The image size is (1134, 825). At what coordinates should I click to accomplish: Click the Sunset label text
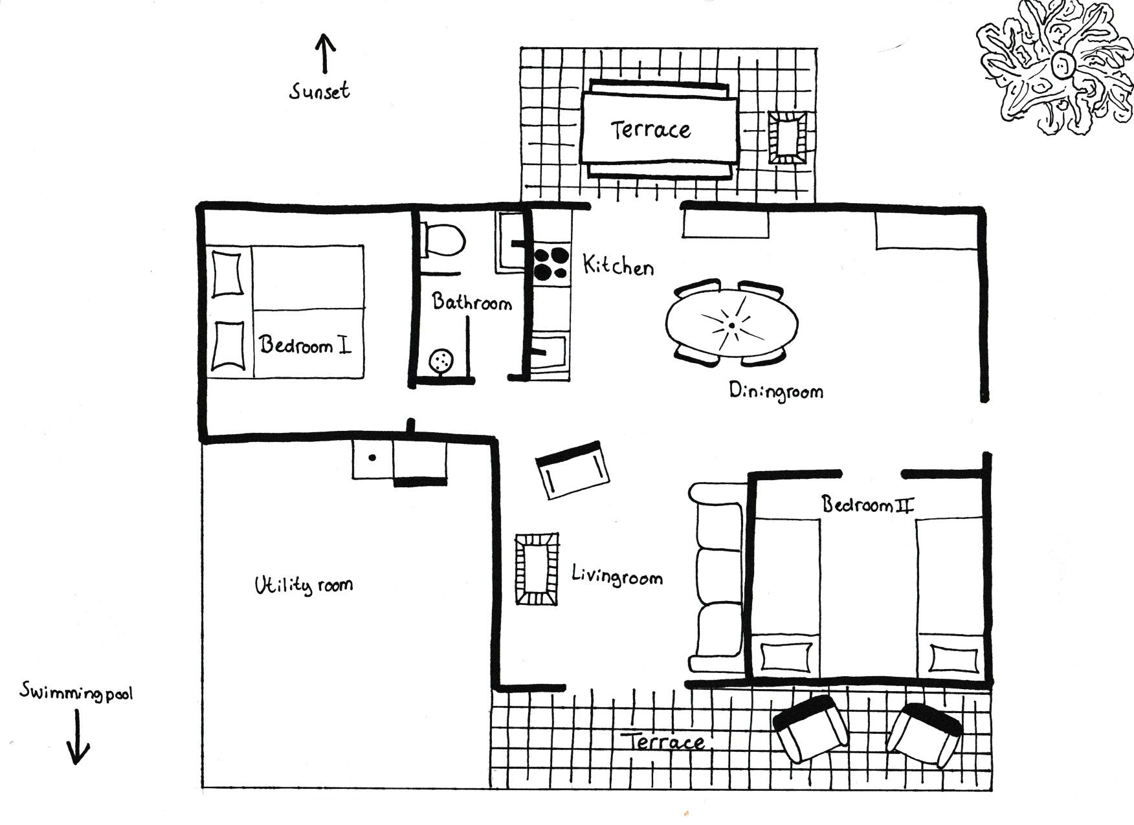320,91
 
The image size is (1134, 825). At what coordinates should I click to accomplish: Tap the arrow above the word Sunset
325,52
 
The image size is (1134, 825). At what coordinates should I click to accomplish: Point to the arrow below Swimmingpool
79,737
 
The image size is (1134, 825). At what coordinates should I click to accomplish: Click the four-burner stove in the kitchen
551,265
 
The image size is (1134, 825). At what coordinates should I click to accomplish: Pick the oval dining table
732,323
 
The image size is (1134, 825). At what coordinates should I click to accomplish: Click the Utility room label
304,585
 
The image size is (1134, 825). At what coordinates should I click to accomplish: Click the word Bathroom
472,302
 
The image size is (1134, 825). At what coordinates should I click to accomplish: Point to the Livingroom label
617,576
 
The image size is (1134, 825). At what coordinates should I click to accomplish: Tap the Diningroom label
776,390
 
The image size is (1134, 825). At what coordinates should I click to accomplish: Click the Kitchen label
618,265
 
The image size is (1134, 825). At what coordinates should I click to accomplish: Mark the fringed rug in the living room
537,569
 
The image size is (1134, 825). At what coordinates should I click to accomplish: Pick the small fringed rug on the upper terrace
788,137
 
